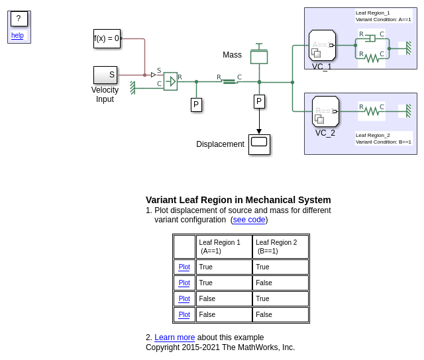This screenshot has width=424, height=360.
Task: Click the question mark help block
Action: [19, 19]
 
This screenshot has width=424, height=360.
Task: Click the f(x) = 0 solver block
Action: [107, 38]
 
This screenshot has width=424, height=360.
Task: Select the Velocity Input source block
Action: [105, 75]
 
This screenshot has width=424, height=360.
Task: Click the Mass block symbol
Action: [259, 57]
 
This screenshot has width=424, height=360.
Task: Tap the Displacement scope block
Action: [259, 144]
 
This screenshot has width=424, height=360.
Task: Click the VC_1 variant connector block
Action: [322, 46]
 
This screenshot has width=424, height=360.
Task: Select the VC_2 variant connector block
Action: [325, 111]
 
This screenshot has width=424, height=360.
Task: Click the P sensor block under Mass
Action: [259, 101]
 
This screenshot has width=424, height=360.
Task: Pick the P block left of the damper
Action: [196, 105]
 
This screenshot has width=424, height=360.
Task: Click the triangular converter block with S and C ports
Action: [170, 81]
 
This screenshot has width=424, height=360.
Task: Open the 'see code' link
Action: [249, 220]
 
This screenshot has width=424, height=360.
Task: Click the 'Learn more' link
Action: [175, 337]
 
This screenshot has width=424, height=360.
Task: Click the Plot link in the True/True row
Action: [184, 267]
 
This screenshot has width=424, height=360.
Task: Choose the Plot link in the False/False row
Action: [184, 315]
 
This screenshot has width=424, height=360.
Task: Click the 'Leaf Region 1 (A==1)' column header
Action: [224, 247]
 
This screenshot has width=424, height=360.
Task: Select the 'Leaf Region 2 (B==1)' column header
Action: [280, 247]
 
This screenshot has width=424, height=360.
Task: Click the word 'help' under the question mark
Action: [17, 36]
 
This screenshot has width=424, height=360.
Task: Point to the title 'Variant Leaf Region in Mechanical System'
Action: [238, 200]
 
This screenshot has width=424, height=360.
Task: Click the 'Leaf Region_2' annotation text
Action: [373, 135]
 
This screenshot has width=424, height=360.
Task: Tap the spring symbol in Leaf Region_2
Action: [372, 111]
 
